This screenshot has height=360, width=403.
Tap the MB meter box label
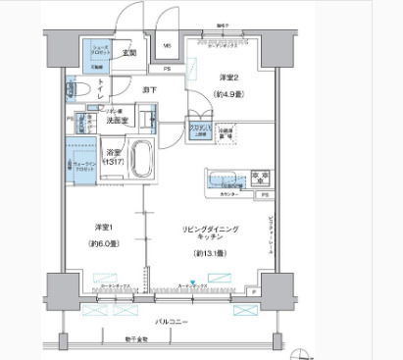167,45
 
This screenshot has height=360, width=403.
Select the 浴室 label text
114,153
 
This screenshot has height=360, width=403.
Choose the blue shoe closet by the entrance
95,54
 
